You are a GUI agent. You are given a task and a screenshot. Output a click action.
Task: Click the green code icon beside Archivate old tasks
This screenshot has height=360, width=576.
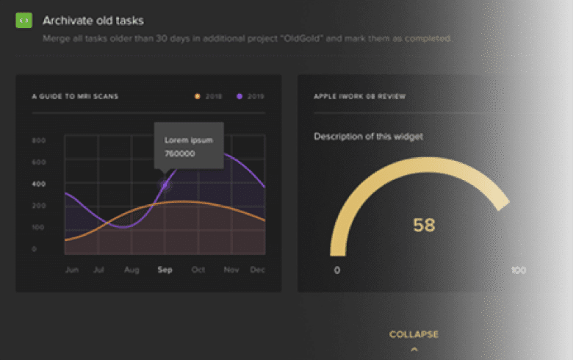[x=24, y=20]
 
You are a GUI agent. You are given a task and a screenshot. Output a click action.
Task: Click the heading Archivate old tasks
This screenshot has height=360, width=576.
[x=93, y=20]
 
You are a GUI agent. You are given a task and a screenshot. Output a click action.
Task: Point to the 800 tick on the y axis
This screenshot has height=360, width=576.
[x=39, y=140]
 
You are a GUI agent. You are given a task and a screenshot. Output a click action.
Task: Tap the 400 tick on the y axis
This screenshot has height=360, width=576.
[x=39, y=184]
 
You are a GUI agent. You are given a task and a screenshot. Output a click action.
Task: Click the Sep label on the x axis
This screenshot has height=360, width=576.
[x=165, y=270]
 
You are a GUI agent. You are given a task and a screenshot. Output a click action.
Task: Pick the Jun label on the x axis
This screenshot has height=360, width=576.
[x=72, y=270]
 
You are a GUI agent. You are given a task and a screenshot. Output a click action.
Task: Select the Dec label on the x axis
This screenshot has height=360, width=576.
[x=257, y=270]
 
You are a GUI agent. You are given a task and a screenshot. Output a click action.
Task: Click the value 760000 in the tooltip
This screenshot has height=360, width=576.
[x=180, y=154]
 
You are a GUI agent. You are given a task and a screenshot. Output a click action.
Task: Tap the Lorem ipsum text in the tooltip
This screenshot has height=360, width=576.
[x=188, y=140]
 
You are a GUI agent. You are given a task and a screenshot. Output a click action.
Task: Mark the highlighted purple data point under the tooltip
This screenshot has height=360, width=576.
[x=165, y=185]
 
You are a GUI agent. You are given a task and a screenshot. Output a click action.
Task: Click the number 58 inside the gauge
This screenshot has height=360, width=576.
[x=424, y=225]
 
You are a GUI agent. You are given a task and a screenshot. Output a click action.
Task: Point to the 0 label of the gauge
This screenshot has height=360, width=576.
[x=337, y=270]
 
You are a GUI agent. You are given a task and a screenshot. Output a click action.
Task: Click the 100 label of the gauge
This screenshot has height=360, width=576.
[x=518, y=270]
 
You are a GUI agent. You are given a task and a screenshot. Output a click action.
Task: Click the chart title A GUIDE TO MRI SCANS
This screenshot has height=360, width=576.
[x=75, y=96]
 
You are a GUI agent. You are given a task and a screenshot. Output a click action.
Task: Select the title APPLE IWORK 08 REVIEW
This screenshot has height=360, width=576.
[x=360, y=96]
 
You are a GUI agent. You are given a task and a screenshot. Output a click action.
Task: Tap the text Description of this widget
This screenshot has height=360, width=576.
[x=369, y=136]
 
